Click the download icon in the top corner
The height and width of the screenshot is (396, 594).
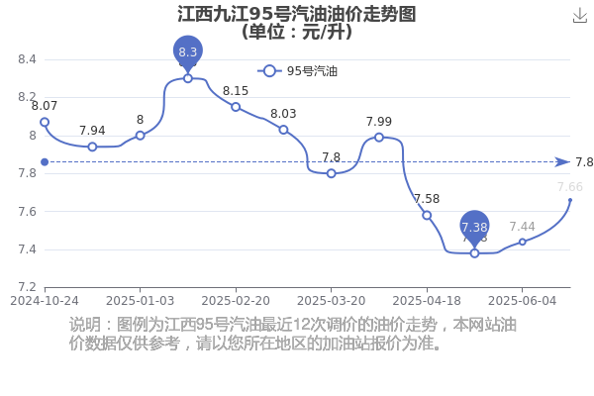click(x=579, y=16)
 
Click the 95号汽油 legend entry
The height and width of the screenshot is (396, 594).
click(x=297, y=71)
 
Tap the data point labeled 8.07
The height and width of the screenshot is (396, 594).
click(x=45, y=122)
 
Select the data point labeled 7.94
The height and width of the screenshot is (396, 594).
click(x=92, y=147)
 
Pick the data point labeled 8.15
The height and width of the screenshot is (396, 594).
click(x=236, y=107)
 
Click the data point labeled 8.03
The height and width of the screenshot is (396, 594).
click(x=283, y=130)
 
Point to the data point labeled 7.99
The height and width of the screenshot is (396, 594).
click(x=379, y=138)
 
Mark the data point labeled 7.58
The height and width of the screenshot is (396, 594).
click(x=427, y=215)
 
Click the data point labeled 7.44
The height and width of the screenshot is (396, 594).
click(x=523, y=242)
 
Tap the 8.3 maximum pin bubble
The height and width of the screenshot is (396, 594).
click(x=188, y=51)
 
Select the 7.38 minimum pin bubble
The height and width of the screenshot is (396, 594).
click(x=474, y=227)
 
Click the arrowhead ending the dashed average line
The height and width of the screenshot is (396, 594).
click(x=562, y=162)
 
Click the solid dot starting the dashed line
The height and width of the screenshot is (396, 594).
click(x=45, y=162)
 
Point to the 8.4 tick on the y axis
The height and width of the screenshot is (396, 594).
click(x=27, y=59)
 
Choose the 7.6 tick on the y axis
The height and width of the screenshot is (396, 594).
click(x=27, y=212)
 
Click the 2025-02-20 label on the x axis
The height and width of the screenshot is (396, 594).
click(x=236, y=301)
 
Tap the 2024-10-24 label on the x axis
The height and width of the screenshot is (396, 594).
click(x=45, y=301)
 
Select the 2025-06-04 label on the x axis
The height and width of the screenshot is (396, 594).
click(x=523, y=301)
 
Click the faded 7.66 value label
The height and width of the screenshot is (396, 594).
click(x=570, y=187)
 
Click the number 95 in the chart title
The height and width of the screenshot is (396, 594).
click(x=261, y=15)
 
